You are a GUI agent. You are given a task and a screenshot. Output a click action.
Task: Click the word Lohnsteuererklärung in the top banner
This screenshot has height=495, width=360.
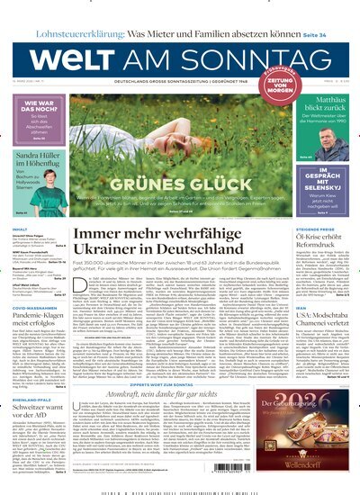coord(67,10)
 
